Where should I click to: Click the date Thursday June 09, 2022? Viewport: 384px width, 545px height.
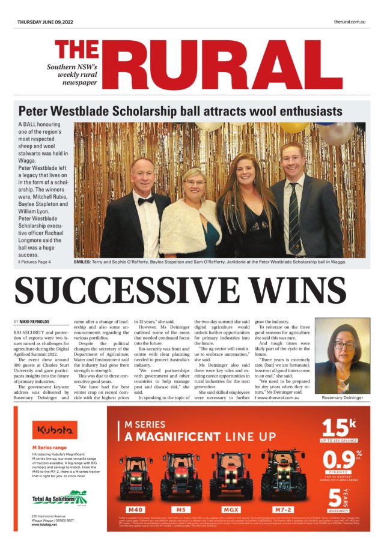[45, 22]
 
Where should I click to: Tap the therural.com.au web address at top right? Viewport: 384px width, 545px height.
[350, 22]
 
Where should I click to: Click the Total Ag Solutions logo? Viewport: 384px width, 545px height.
[59, 498]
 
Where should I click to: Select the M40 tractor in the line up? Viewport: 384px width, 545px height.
[137, 478]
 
